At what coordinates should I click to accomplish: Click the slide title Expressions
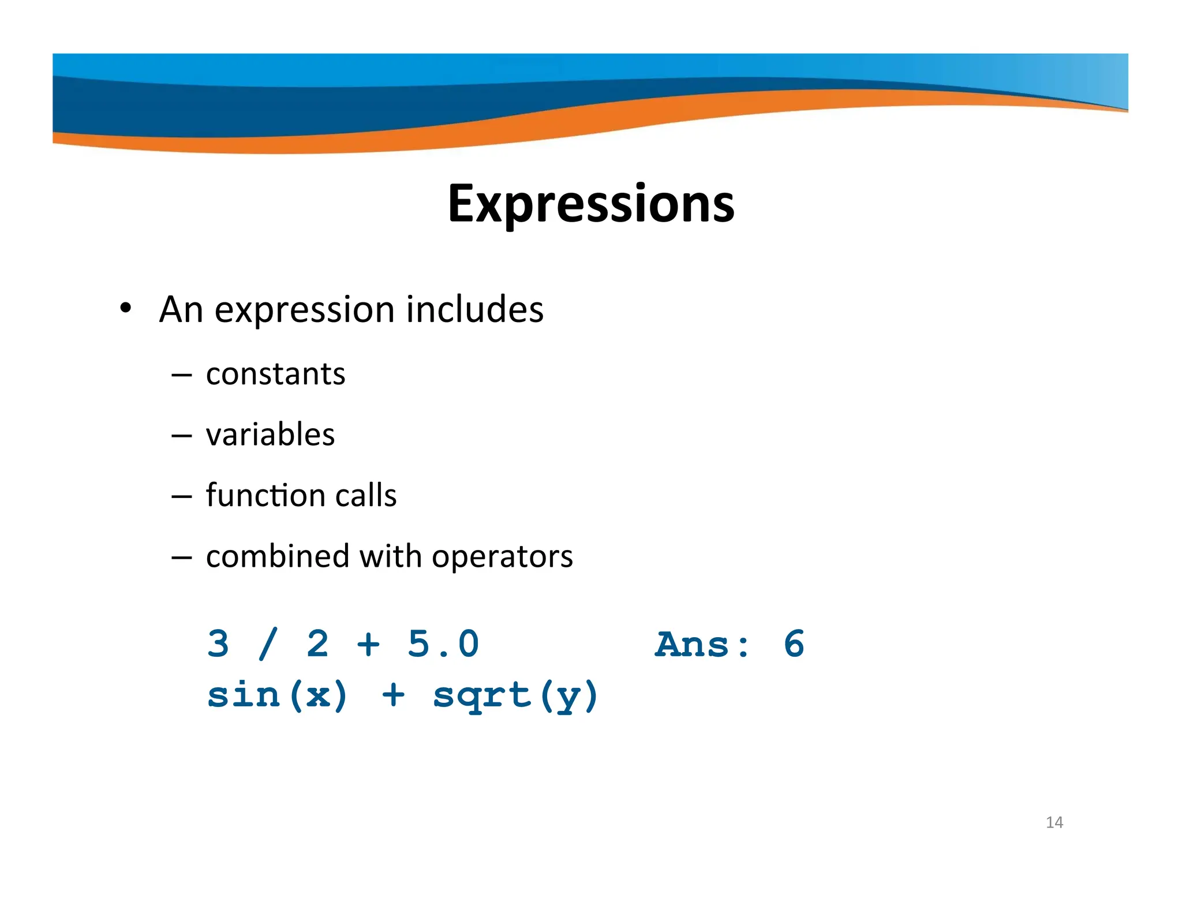590,203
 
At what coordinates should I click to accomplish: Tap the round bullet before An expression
126,308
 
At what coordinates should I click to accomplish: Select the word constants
275,374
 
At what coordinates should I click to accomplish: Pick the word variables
270,435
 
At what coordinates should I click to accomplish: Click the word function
264,495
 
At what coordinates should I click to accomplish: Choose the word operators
502,557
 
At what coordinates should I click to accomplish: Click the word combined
278,556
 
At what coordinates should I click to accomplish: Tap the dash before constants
181,375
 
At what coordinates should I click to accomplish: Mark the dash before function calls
181,496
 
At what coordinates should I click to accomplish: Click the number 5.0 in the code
443,644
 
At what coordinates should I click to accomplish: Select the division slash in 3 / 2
268,644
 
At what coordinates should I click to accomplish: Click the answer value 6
794,644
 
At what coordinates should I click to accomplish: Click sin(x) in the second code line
278,695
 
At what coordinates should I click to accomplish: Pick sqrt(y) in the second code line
515,696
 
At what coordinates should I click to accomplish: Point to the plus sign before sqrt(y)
393,695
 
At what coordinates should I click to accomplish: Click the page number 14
1054,822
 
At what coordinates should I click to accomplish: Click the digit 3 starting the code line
219,644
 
